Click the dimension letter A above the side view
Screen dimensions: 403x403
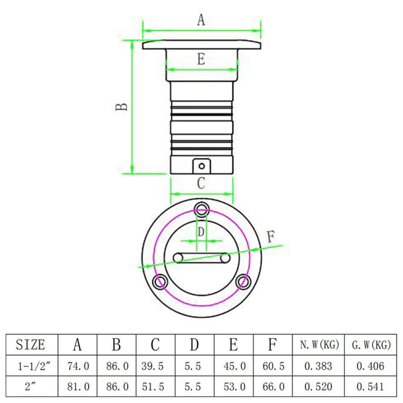point(201,20)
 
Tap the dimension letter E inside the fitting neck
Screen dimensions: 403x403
point(201,59)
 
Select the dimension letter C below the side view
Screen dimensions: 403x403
point(201,183)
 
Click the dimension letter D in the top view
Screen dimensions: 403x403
point(201,232)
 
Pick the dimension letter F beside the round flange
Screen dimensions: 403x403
point(271,237)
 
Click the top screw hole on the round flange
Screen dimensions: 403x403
point(201,210)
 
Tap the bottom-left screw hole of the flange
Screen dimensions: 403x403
point(160,282)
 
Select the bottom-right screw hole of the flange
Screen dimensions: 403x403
point(243,282)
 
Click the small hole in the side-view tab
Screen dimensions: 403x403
point(201,166)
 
